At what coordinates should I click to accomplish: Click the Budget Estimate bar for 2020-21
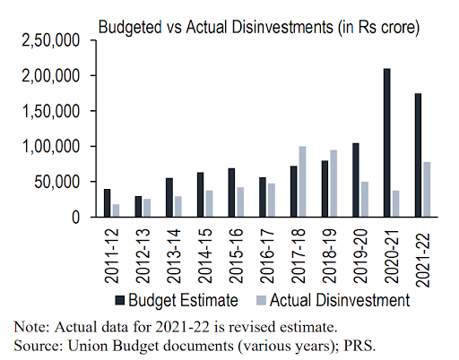[x=386, y=142]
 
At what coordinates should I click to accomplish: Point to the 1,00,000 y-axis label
[x=55, y=146]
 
